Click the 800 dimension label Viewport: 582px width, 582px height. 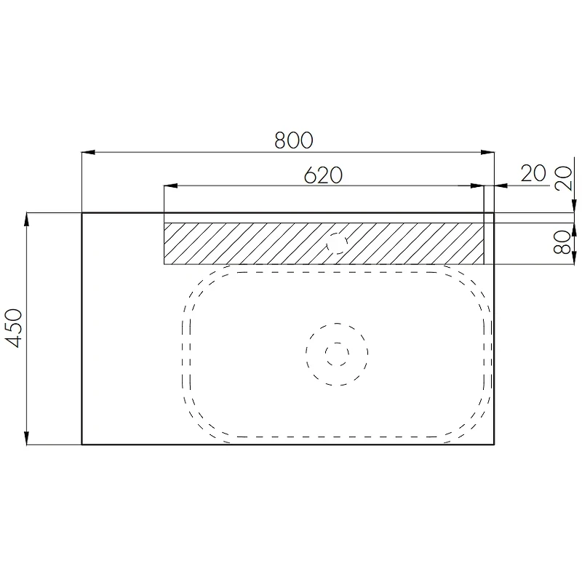click(294, 140)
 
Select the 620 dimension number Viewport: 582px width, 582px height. click(323, 175)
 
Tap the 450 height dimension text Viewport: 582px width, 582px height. click(14, 328)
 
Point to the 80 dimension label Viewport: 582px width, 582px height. click(562, 242)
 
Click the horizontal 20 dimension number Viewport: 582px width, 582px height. click(533, 173)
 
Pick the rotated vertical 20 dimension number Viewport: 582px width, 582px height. click(563, 178)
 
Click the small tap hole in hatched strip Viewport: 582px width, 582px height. click(337, 244)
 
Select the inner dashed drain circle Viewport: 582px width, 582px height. click(337, 354)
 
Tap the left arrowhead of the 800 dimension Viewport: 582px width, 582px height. click(88, 152)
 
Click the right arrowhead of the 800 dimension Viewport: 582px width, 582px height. click(487, 152)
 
